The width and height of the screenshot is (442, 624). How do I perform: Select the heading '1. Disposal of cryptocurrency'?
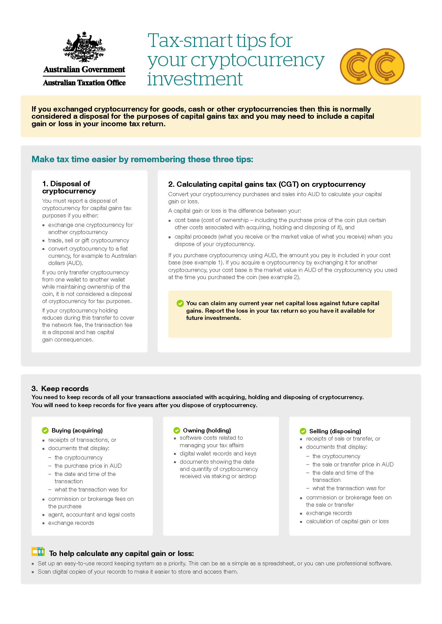click(x=69, y=187)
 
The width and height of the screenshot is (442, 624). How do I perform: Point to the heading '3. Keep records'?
click(x=60, y=388)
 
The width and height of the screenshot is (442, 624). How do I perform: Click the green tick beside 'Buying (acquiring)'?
click(x=45, y=431)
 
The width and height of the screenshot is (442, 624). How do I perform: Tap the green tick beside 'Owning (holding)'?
click(x=177, y=431)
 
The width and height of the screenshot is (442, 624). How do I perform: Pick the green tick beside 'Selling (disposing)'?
click(x=303, y=431)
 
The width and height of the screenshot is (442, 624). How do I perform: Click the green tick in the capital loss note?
click(x=180, y=303)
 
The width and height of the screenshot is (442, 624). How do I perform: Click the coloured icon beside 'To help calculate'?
click(x=38, y=551)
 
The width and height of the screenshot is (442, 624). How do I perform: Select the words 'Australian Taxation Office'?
click(x=84, y=83)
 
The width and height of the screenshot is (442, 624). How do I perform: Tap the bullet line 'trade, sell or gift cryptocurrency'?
click(x=88, y=241)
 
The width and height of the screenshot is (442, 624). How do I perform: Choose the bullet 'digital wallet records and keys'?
click(x=218, y=454)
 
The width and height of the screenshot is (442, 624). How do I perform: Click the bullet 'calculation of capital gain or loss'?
click(x=347, y=521)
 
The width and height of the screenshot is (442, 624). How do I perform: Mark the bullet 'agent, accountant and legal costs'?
click(x=91, y=514)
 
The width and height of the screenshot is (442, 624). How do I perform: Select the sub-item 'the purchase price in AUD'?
click(x=88, y=466)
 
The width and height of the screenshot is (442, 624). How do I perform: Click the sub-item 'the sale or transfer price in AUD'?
click(x=353, y=464)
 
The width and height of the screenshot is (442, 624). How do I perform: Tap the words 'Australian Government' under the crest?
click(x=84, y=70)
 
